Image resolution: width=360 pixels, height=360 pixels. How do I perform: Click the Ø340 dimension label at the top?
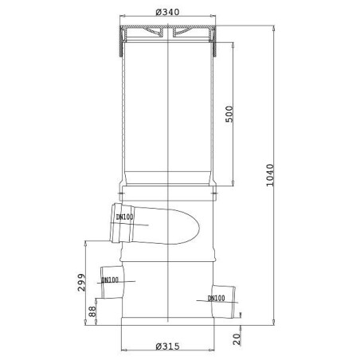click(167, 12)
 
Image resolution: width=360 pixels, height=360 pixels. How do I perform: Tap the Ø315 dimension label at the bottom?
click(167, 346)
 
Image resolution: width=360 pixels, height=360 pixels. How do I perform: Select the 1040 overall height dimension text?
click(270, 175)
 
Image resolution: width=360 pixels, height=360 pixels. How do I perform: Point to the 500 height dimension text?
click(229, 114)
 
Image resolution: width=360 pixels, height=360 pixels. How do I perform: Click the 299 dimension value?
click(81, 283)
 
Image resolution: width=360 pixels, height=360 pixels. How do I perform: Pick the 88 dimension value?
click(92, 311)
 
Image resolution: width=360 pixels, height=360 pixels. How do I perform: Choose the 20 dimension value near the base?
click(237, 339)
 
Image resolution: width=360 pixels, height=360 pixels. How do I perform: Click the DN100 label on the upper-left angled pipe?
click(124, 217)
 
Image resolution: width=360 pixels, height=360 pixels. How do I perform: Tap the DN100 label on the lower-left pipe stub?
click(110, 280)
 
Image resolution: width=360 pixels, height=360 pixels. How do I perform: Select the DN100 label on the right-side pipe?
click(217, 298)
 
